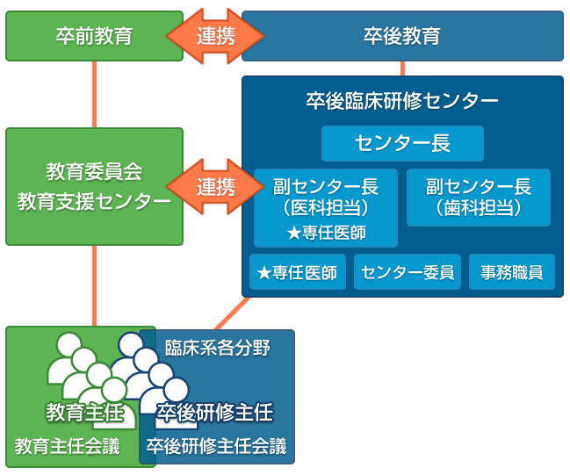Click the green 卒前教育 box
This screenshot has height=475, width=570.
[94, 36]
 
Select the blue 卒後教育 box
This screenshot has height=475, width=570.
[402, 36]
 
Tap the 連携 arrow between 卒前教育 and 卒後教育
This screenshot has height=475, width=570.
[215, 36]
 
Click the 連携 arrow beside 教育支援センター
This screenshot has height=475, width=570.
[215, 186]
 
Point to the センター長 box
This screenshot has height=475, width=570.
[402, 144]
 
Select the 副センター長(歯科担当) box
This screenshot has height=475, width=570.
[479, 198]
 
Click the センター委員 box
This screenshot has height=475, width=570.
[408, 272]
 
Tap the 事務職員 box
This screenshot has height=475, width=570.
[511, 272]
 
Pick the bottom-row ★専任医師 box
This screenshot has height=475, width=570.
[298, 272]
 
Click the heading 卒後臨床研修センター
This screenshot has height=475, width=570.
[402, 100]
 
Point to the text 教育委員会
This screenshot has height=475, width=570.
[94, 170]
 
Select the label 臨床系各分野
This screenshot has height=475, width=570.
[218, 348]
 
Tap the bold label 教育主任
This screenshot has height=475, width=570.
[79, 411]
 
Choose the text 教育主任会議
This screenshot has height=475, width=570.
[67, 446]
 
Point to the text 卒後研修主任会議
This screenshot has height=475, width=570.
[216, 446]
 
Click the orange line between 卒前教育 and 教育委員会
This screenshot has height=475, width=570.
[94, 95]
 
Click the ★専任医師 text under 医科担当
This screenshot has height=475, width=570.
[326, 233]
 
